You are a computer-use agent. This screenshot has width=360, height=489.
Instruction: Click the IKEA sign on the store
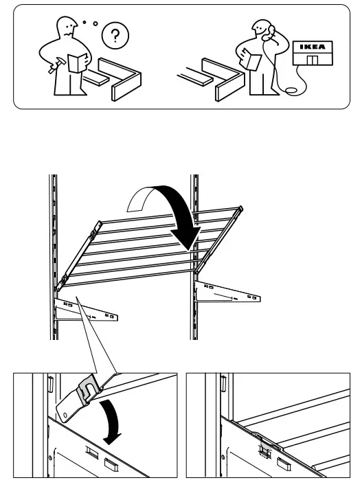click(x=313, y=49)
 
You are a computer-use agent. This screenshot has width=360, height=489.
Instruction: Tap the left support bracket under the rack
click(x=87, y=312)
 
